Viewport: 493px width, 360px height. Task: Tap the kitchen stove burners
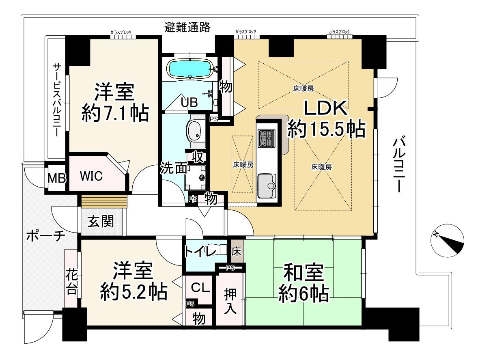pyautogui.click(x=267, y=138)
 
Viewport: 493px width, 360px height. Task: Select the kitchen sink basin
pyautogui.click(x=267, y=185)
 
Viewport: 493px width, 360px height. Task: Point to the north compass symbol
pyautogui.click(x=448, y=240)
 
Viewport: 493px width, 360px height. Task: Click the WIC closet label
pyautogui.click(x=91, y=176)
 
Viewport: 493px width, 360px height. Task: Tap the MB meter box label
pyautogui.click(x=57, y=178)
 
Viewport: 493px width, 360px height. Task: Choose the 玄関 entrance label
pyautogui.click(x=101, y=221)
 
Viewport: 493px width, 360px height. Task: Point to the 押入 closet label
pyautogui.click(x=230, y=301)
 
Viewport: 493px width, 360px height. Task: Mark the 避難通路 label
pyautogui.click(x=187, y=27)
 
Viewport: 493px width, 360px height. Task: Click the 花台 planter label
pyautogui.click(x=71, y=284)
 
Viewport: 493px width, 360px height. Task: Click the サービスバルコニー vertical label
pyautogui.click(x=56, y=100)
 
